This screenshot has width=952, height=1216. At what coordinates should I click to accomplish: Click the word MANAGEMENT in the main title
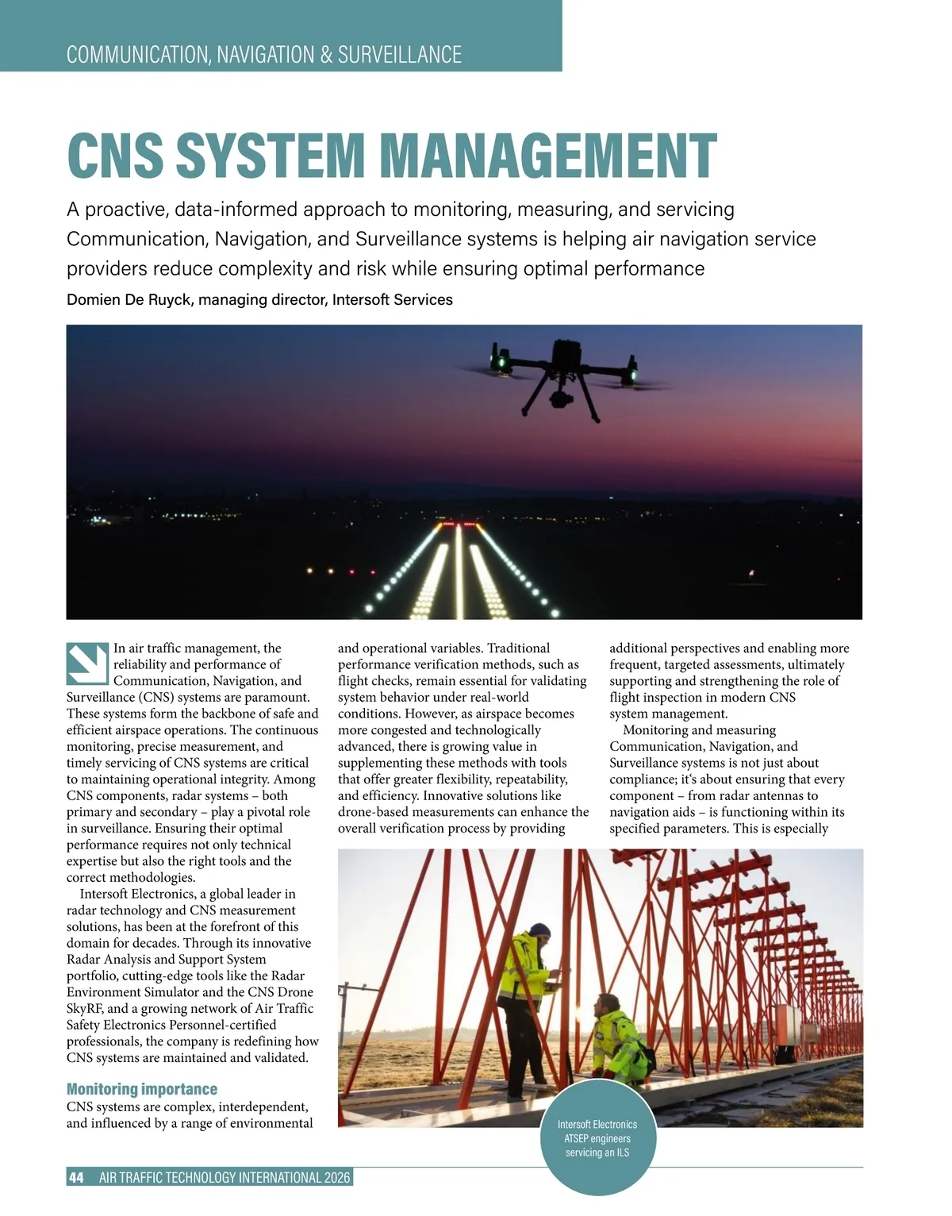pyautogui.click(x=549, y=156)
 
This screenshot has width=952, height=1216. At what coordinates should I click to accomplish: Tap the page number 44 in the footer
pyautogui.click(x=77, y=1178)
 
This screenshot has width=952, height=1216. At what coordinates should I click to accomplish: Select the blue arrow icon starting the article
pyautogui.click(x=87, y=664)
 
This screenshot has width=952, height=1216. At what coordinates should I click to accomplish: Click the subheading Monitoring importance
pyautogui.click(x=141, y=1089)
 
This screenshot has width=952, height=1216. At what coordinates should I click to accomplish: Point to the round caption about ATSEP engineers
pyautogui.click(x=597, y=1138)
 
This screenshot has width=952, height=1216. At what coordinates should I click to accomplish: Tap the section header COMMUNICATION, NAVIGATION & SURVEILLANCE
pyautogui.click(x=263, y=55)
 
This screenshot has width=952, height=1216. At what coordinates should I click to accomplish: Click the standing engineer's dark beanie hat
pyautogui.click(x=540, y=929)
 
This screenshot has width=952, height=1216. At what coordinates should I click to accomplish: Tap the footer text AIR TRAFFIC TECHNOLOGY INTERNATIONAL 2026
pyautogui.click(x=225, y=1178)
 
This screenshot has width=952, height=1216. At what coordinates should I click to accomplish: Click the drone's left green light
pyautogui.click(x=501, y=363)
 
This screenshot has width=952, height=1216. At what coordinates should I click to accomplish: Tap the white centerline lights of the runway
pyautogui.click(x=459, y=571)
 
